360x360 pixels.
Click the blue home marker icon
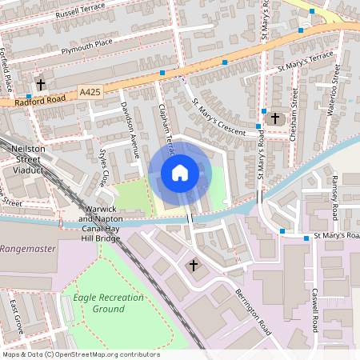coord(180,172)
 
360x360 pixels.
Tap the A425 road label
coord(90,94)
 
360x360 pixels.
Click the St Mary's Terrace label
coord(305,62)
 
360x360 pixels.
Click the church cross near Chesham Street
coord(274,118)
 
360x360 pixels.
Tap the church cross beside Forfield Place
coord(41,83)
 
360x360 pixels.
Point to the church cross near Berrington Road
coord(193,264)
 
